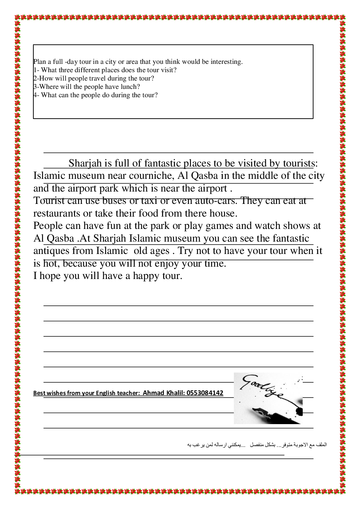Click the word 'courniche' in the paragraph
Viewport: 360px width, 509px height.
coord(146,176)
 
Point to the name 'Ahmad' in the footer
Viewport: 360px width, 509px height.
coord(153,393)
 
